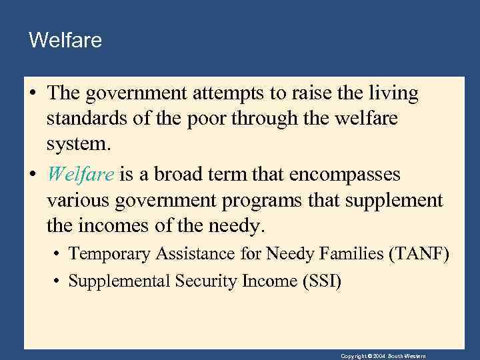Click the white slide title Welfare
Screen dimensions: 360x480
(x=65, y=41)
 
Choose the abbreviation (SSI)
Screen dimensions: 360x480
(x=323, y=281)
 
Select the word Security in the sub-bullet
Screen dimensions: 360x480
(x=204, y=281)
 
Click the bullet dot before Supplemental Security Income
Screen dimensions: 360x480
(x=59, y=281)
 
